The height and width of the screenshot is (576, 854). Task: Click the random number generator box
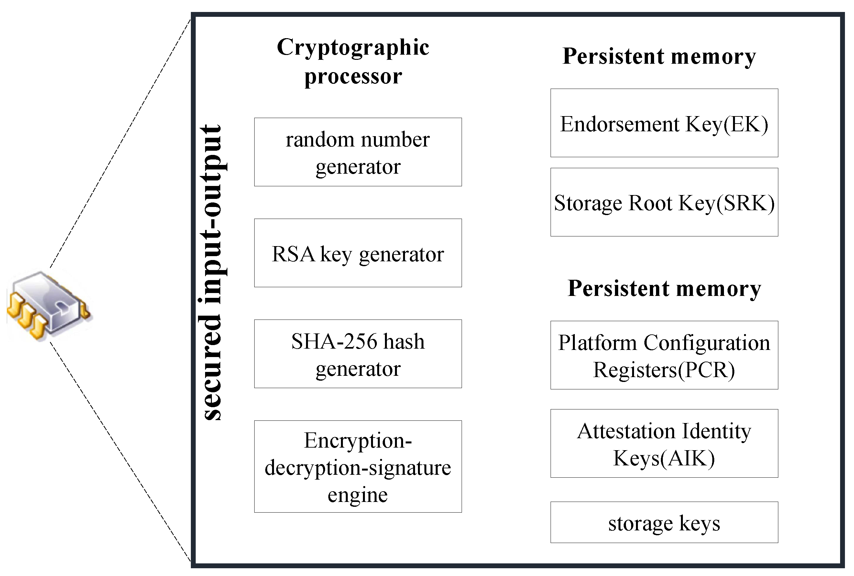pos(357,152)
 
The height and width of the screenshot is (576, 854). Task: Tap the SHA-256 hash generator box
pos(357,354)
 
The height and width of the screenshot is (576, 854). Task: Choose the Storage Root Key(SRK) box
pos(664,202)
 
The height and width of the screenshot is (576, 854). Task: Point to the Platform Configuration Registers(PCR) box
pos(664,355)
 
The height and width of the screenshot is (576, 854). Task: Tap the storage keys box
pos(664,522)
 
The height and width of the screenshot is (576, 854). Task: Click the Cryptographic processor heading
pos(353,61)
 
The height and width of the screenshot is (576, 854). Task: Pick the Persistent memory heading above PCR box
pos(664,288)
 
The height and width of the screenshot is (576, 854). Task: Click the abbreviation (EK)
pos(746,124)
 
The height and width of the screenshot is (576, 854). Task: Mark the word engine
pos(357,494)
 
